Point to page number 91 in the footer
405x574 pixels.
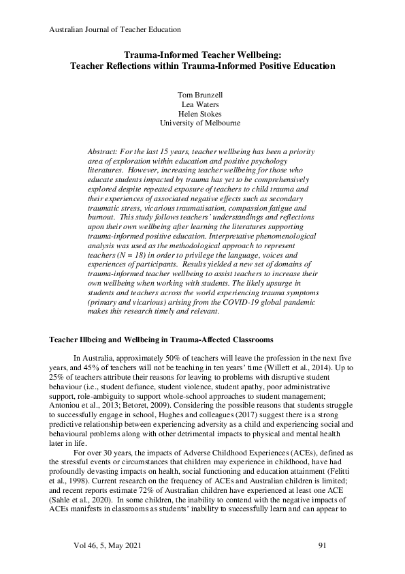[323, 546]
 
